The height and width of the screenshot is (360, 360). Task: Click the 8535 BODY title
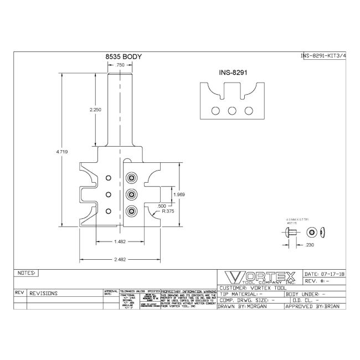[x=124, y=57]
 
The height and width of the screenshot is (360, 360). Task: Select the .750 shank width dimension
[x=120, y=65]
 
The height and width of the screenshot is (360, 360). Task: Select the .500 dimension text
[x=161, y=205]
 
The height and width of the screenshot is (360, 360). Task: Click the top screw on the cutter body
[x=132, y=177]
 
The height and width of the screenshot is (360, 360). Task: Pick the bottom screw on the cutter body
[x=132, y=210]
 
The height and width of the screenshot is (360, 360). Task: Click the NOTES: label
[x=26, y=273]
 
